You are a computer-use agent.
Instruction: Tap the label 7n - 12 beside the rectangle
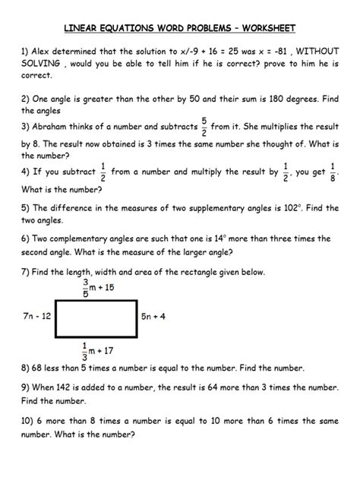pos(37,313)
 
